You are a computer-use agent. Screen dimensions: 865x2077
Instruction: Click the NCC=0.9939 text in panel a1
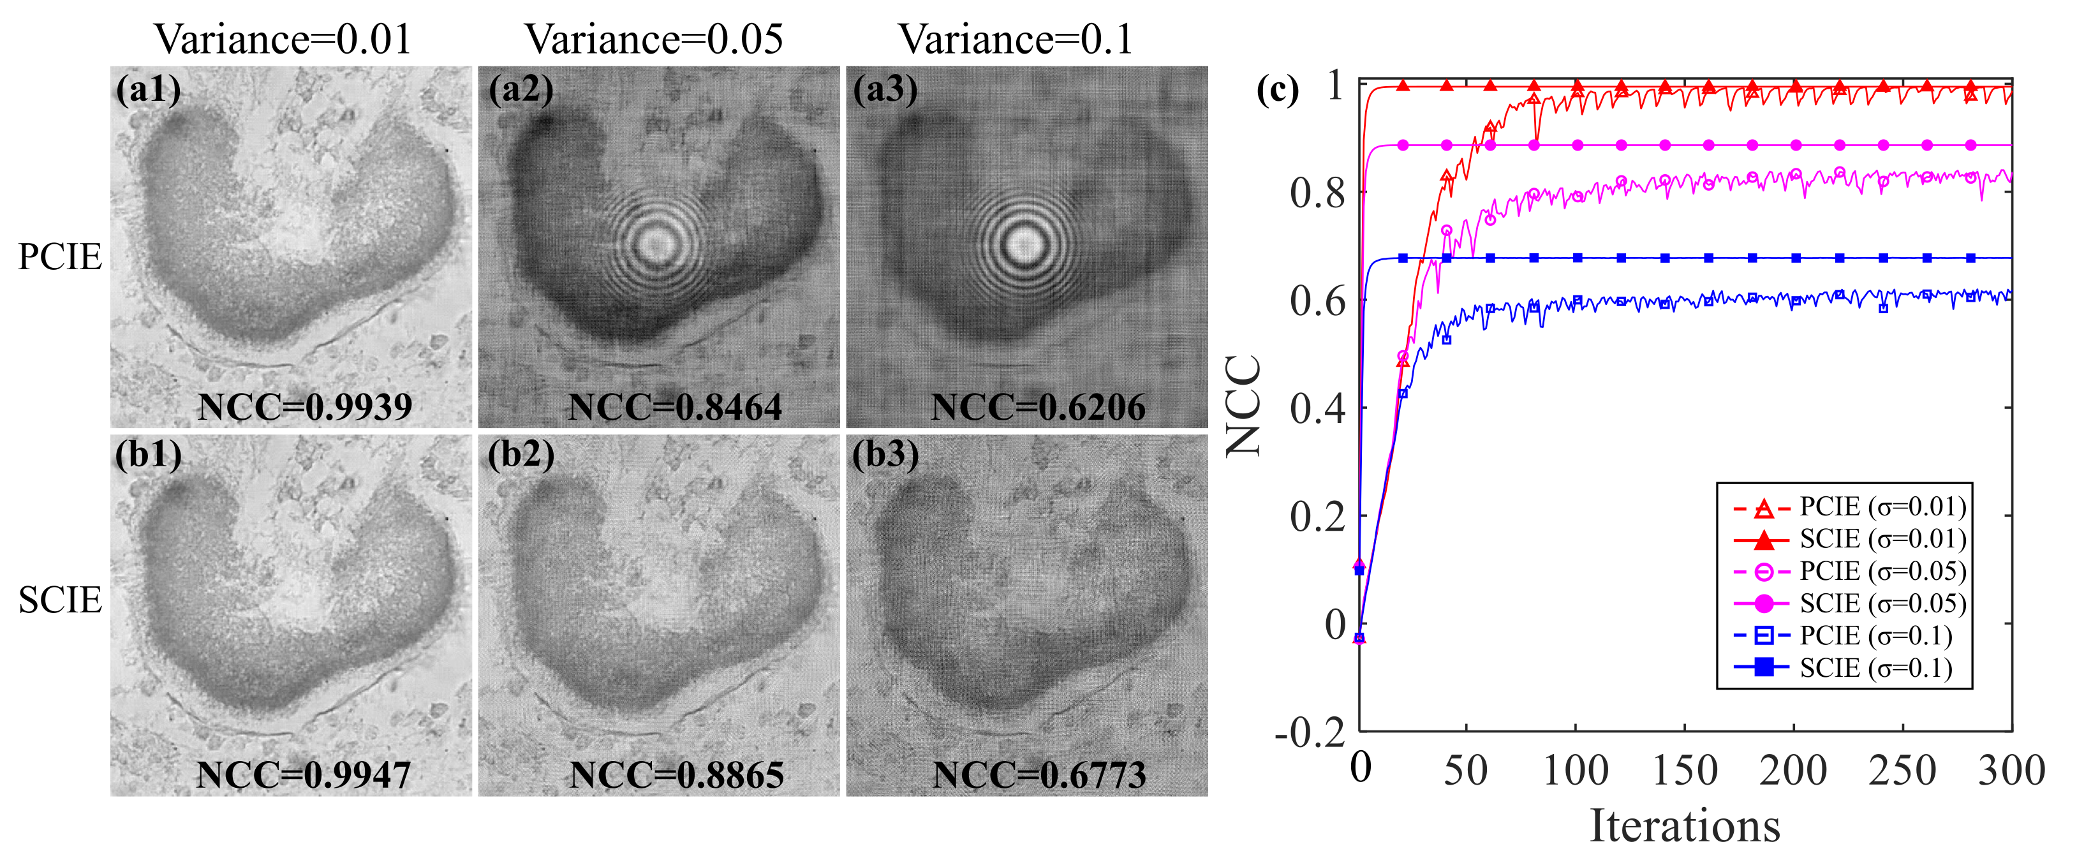pyautogui.click(x=305, y=407)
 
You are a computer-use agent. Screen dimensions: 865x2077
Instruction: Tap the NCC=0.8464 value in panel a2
pyautogui.click(x=675, y=407)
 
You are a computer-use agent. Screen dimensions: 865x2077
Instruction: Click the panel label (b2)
pyautogui.click(x=521, y=455)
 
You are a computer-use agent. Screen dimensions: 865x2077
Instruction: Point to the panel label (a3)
pyautogui.click(x=885, y=89)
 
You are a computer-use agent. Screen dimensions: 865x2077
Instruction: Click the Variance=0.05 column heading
pyautogui.click(x=654, y=39)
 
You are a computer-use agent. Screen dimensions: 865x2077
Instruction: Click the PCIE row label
pyautogui.click(x=60, y=256)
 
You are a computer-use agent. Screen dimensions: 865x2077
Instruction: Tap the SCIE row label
pyautogui.click(x=60, y=600)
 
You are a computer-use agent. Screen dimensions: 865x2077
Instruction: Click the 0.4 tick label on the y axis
pyautogui.click(x=1317, y=409)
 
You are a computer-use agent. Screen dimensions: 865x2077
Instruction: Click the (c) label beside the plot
pyautogui.click(x=1277, y=91)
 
